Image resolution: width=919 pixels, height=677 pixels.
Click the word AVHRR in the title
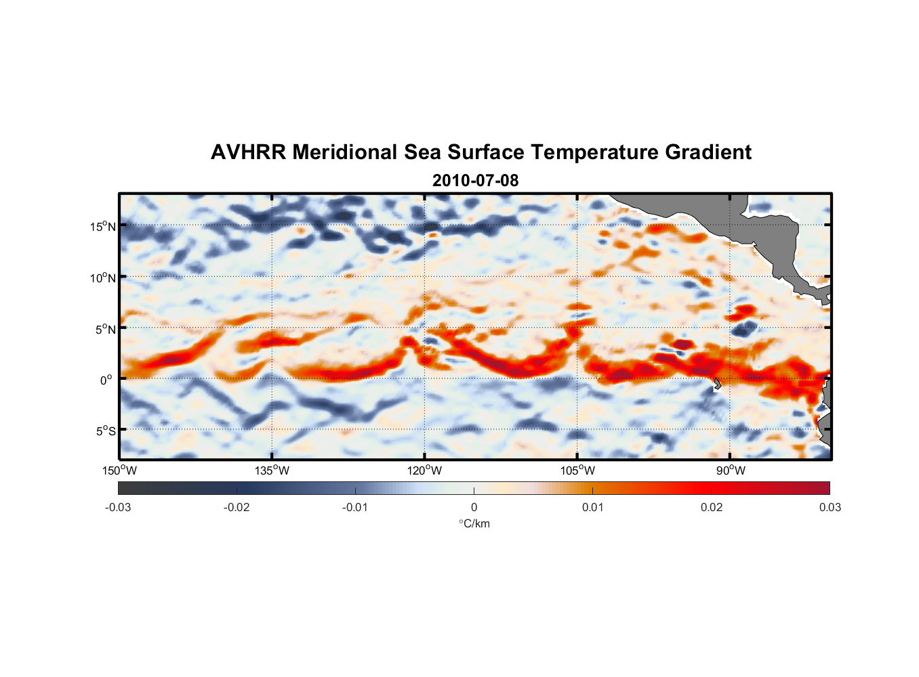pos(248,152)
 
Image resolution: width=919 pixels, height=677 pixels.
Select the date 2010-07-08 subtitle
pos(475,181)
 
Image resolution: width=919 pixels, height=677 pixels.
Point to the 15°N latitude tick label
pos(103,226)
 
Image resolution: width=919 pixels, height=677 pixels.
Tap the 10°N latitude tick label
pos(103,278)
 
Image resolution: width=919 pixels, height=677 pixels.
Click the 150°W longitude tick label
pos(119,471)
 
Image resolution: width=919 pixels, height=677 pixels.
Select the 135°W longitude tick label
pos(272,471)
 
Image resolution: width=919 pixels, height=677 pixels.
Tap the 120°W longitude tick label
pos(424,471)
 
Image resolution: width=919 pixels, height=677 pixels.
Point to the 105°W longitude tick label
pos(577,471)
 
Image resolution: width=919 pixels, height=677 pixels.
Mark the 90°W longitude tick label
pos(731,471)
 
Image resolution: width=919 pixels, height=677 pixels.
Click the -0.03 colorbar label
pos(118,508)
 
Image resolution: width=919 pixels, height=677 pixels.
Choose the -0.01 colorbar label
pos(355,508)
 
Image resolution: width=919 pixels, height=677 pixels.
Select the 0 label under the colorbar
pos(474,508)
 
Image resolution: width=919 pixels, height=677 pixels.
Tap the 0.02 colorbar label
pos(712,508)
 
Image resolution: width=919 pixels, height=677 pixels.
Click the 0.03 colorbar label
pos(830,508)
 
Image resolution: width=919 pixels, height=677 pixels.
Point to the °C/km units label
pos(474,523)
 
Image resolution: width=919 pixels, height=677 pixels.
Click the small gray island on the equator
pos(717,384)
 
